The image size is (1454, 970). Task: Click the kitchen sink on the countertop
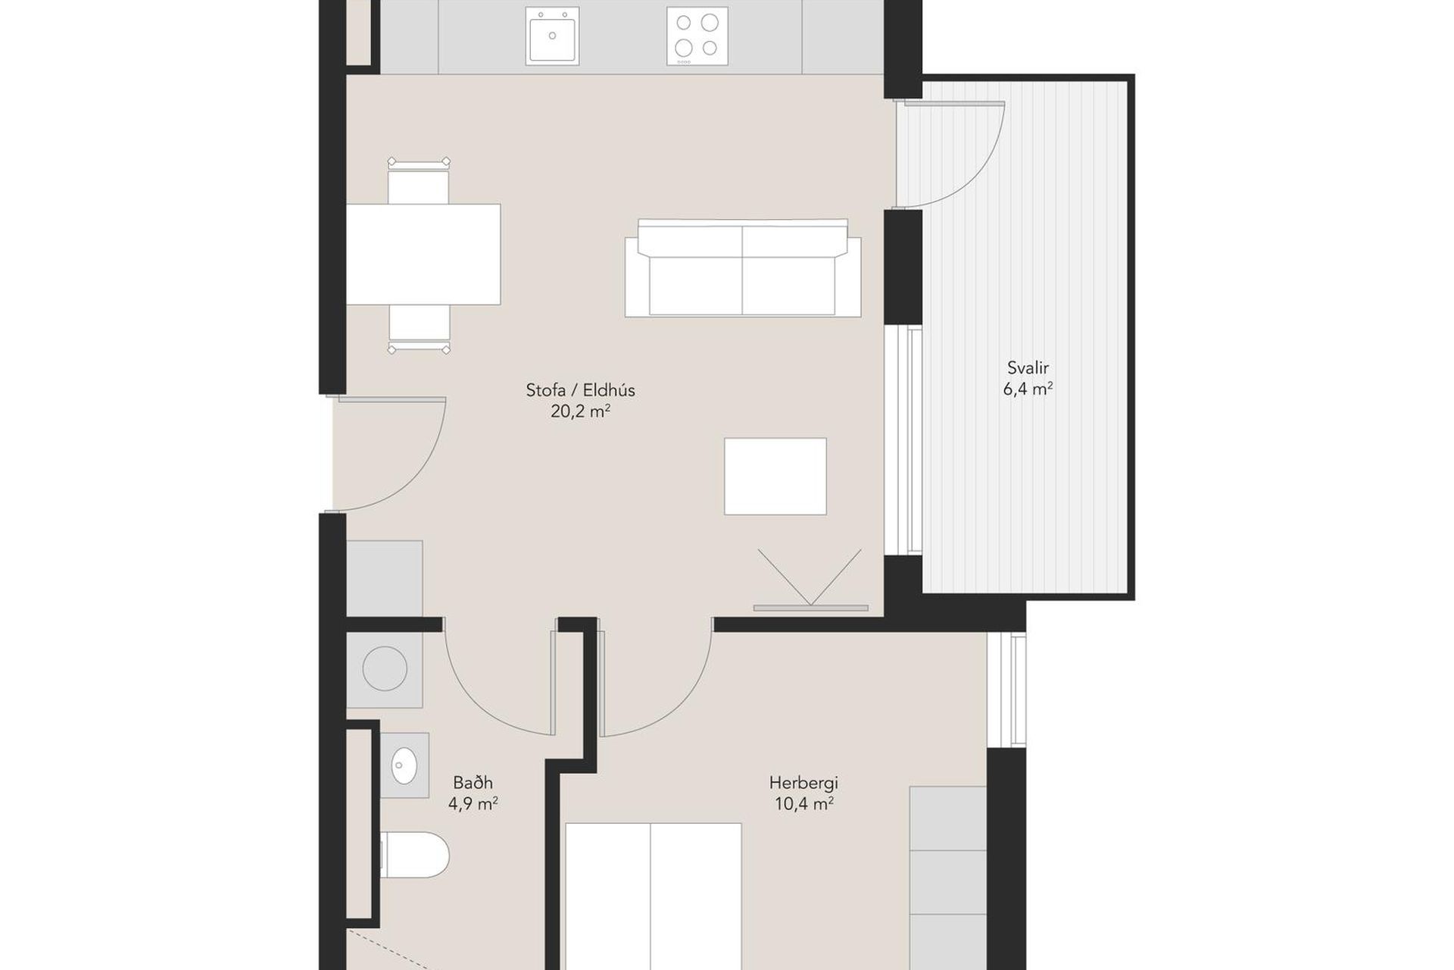tap(551, 36)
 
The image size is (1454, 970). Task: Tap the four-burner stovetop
tap(697, 36)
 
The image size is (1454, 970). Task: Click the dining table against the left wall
tap(423, 254)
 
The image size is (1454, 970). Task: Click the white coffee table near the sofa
tap(775, 476)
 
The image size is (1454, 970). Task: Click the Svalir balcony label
tap(1028, 368)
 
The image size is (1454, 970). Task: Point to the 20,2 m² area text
tap(580, 411)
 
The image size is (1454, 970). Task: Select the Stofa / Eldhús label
tap(580, 390)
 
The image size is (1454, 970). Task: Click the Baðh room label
tap(473, 782)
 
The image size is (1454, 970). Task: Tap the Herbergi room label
tap(803, 782)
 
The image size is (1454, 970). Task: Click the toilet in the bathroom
tap(414, 854)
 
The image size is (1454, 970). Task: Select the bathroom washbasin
tap(404, 765)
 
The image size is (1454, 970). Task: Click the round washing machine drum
tap(385, 668)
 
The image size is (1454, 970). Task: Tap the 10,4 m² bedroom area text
tap(803, 804)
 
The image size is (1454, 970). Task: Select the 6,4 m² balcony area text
tap(1028, 390)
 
